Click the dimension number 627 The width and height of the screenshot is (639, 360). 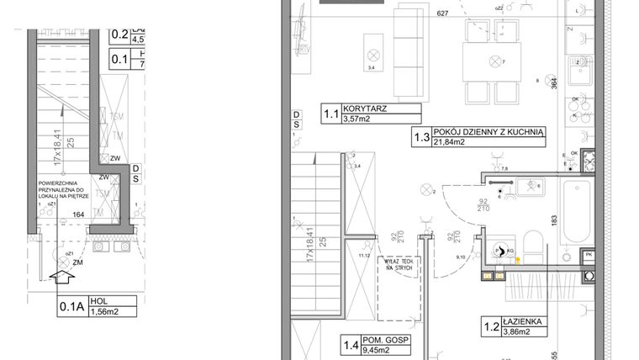tap(443, 14)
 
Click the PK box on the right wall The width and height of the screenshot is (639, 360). tap(589, 254)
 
